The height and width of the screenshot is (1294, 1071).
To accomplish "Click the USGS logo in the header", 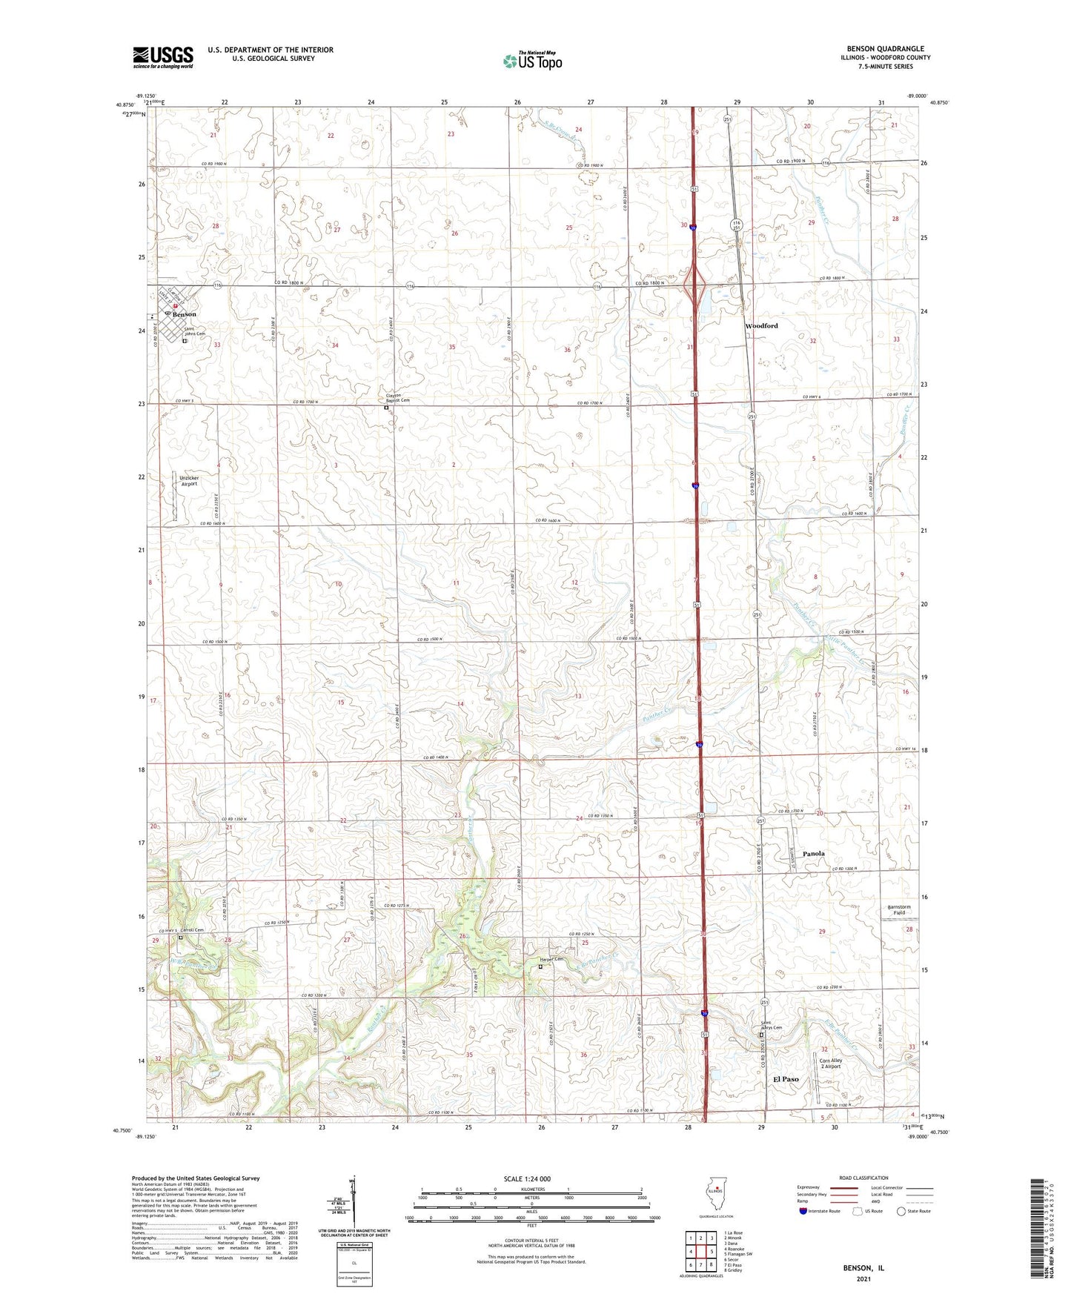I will (163, 57).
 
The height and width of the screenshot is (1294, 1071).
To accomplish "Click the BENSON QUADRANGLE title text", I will (885, 49).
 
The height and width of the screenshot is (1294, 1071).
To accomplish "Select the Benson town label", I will (184, 314).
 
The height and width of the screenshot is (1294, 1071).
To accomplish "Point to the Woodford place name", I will (761, 326).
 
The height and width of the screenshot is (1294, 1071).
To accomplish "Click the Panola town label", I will (814, 854).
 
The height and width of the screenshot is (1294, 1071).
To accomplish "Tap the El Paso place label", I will (786, 1079).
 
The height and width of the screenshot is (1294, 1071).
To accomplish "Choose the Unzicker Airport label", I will (189, 481).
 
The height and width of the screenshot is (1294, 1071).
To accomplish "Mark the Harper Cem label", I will (551, 960).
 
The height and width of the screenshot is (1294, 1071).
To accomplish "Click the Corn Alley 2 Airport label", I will (831, 1064).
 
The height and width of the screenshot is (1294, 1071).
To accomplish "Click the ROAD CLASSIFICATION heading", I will (863, 1178).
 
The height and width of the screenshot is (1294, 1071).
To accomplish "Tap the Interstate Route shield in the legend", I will (803, 1211).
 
